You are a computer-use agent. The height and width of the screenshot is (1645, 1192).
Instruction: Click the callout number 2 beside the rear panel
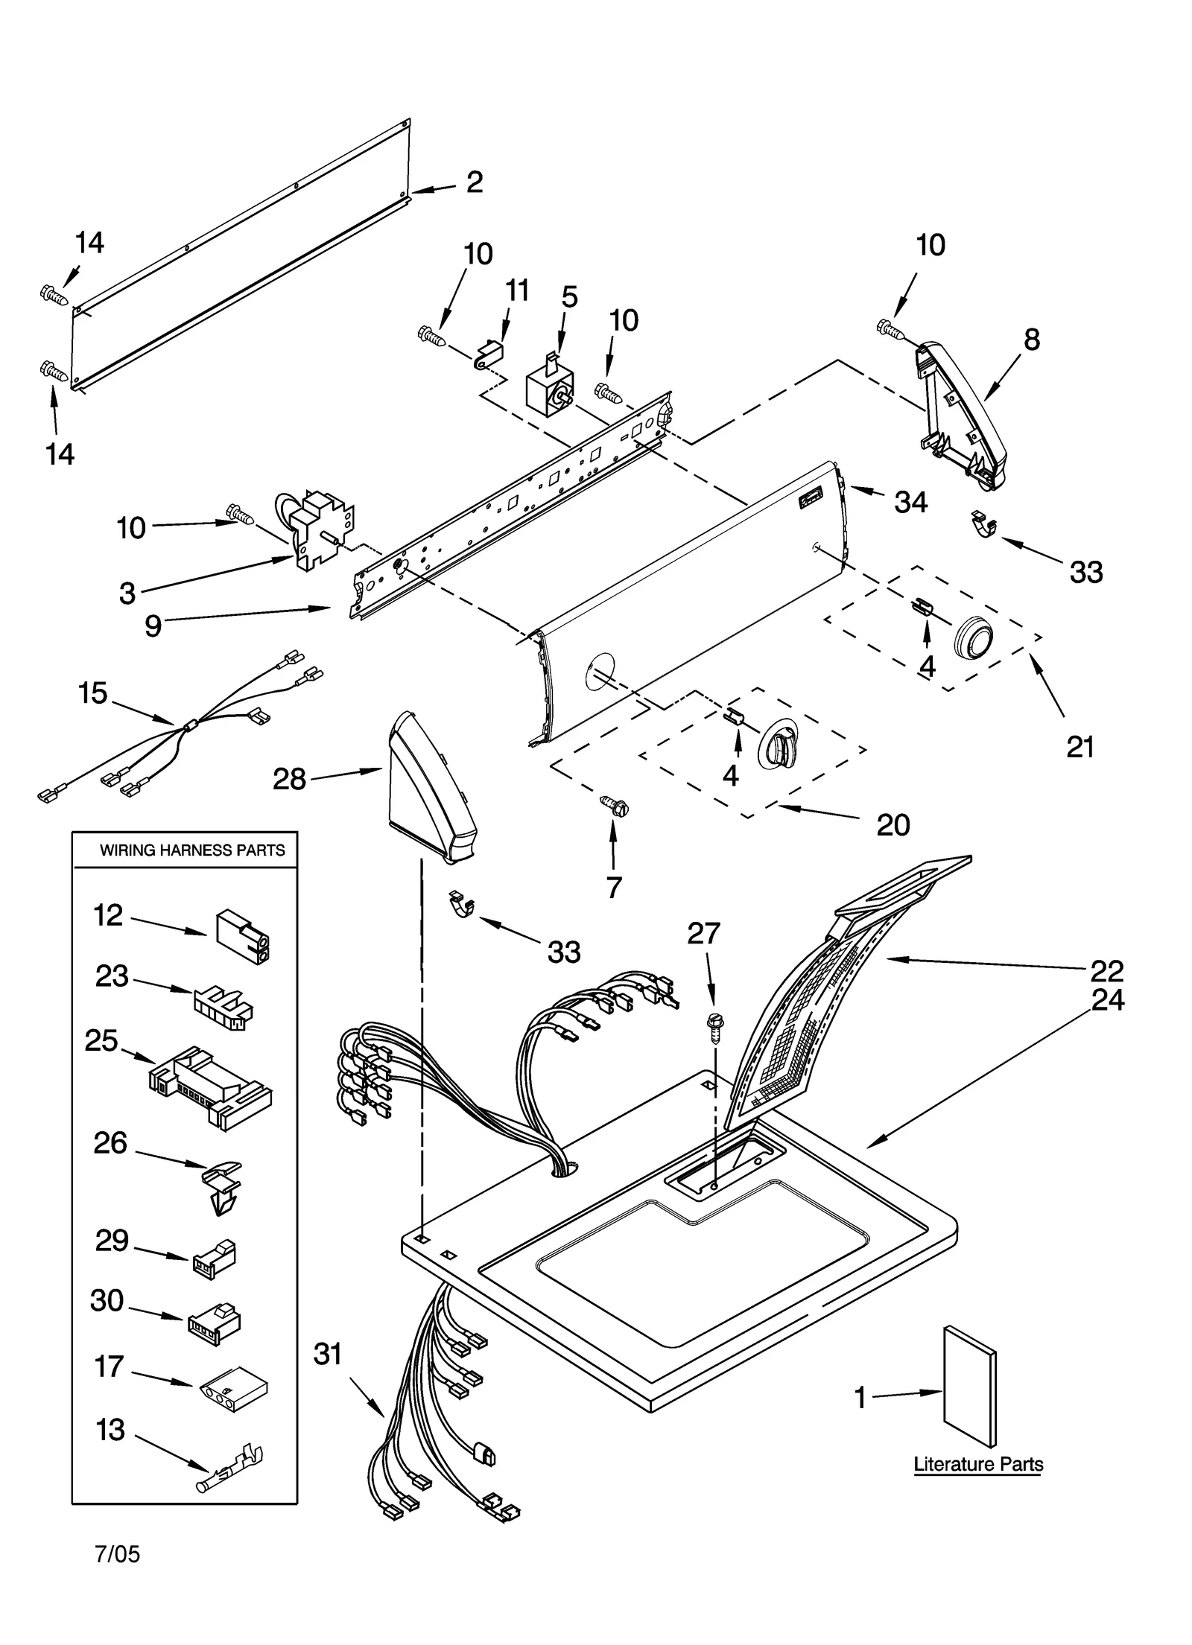pyautogui.click(x=475, y=182)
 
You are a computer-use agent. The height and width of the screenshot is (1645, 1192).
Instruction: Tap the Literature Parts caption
pyautogui.click(x=977, y=1464)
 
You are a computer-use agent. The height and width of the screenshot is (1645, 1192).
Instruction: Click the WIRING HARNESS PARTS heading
pyautogui.click(x=192, y=850)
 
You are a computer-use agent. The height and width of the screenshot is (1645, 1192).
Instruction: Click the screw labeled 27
pyautogui.click(x=714, y=1028)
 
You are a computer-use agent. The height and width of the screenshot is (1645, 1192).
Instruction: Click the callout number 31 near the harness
pyautogui.click(x=327, y=1353)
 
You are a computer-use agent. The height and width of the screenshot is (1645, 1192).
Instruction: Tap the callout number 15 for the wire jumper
pyautogui.click(x=93, y=693)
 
